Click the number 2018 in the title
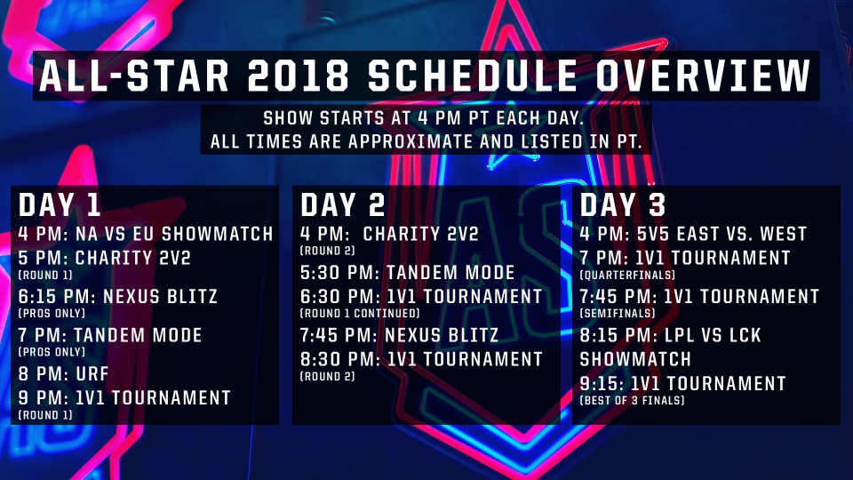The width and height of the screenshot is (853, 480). tap(298, 76)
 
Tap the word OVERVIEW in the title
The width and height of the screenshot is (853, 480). tap(702, 76)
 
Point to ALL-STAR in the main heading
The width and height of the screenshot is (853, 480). tap(134, 76)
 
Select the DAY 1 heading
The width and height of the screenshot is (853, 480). tap(60, 205)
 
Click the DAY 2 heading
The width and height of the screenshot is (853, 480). tap(343, 205)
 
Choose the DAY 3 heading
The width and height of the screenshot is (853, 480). tap(623, 205)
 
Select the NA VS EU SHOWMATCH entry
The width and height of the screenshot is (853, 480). tap(174, 234)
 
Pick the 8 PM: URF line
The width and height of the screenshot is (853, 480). tap(64, 373)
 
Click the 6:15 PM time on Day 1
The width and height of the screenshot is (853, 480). tap(57, 297)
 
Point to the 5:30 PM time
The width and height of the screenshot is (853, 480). tap(339, 273)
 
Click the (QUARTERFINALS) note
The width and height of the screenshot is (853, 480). tap(627, 275)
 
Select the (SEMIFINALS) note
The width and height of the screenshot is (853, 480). tap(618, 314)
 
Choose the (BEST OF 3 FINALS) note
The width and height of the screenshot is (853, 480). tap(632, 401)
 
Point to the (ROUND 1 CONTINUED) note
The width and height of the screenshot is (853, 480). tap(360, 314)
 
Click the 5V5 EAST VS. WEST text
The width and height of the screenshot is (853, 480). tap(721, 234)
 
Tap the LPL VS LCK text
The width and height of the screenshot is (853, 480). tap(713, 335)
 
